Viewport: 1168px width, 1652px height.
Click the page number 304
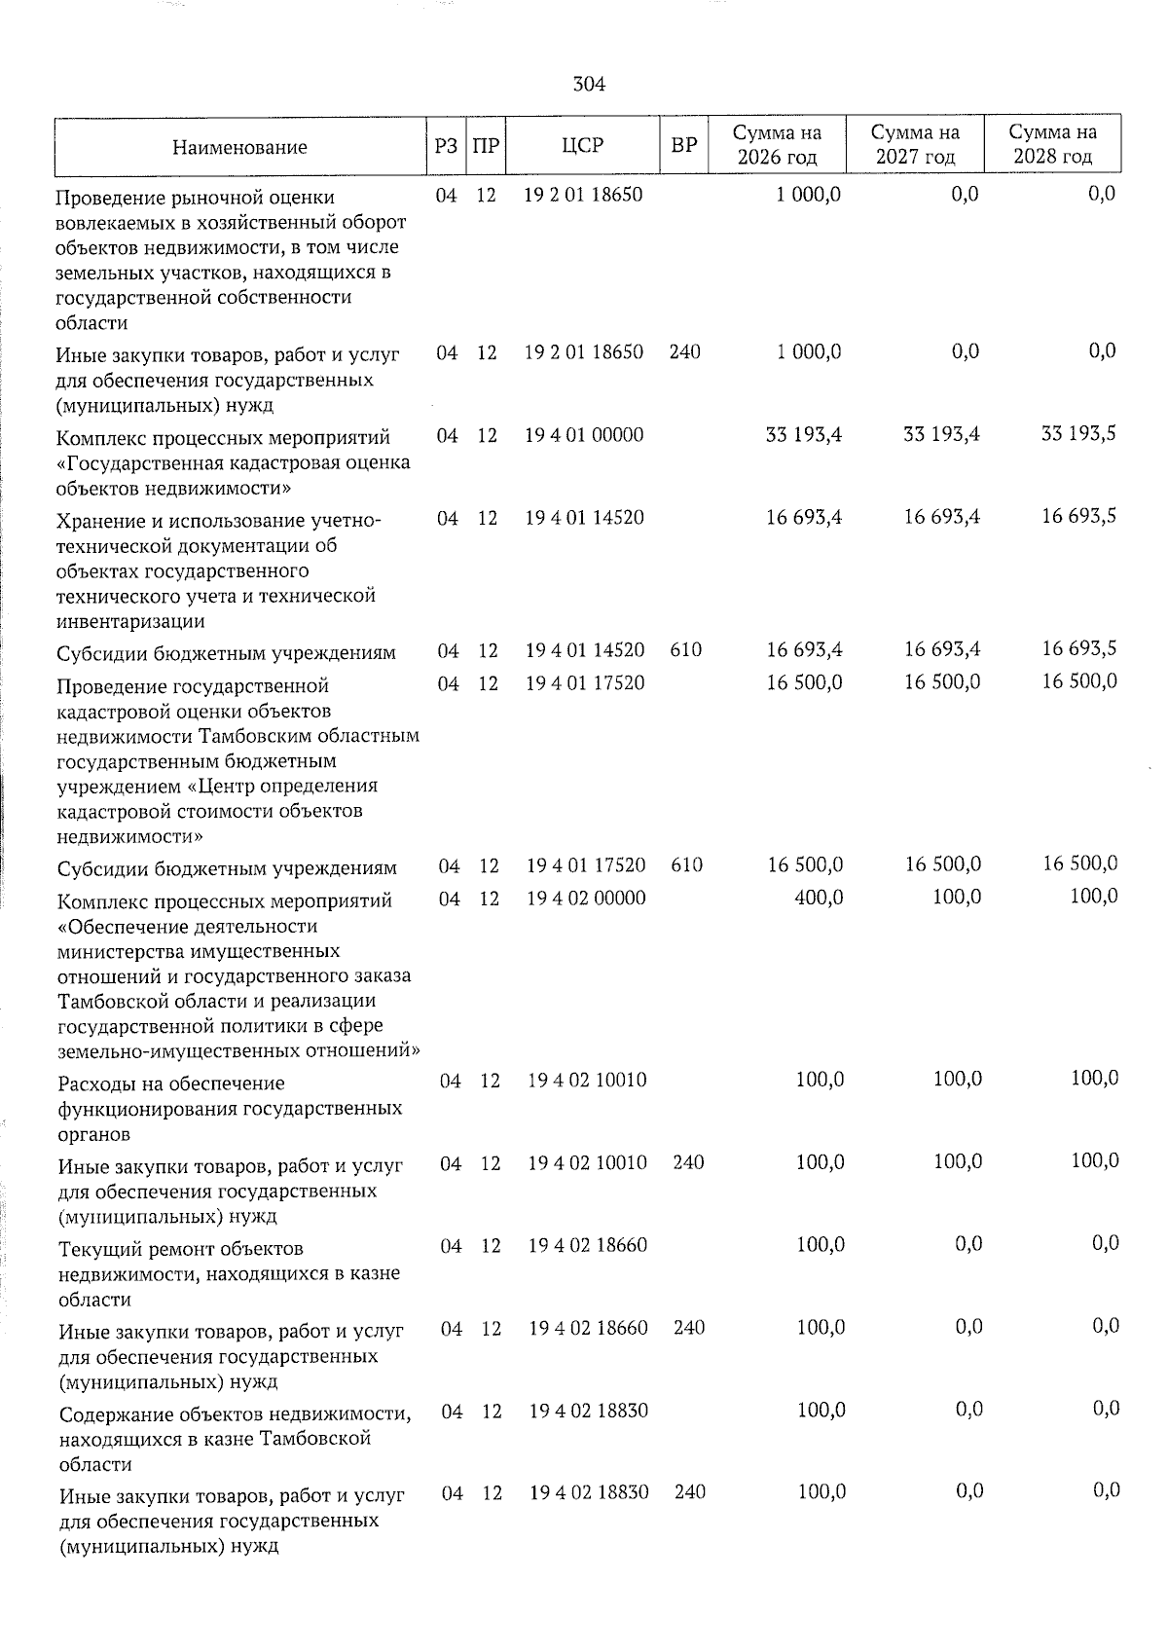[589, 85]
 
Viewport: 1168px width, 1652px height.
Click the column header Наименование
[239, 147]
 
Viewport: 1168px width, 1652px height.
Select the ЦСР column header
[583, 145]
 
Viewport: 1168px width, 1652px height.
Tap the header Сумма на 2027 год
[915, 144]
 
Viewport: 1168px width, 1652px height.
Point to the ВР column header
[684, 145]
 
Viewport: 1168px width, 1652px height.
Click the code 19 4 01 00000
[584, 435]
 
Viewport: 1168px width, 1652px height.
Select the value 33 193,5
[1078, 433]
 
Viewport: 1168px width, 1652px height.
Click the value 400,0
[819, 897]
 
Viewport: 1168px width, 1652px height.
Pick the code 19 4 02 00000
[587, 898]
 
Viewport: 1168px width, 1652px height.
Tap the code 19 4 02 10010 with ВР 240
[587, 1162]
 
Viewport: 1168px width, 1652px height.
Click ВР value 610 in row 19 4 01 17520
[686, 865]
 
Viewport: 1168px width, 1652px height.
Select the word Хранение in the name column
[96, 521]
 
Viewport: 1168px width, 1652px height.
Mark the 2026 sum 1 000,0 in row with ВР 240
[809, 351]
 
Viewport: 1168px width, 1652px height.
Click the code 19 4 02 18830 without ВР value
[588, 1411]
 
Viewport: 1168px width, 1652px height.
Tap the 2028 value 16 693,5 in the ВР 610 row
[1078, 649]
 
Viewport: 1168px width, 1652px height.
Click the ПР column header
[486, 145]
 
